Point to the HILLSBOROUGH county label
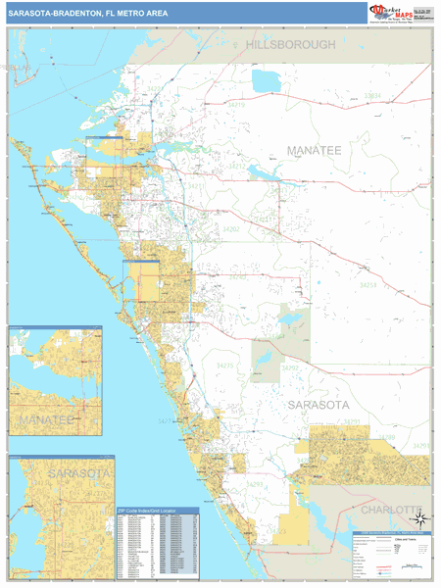pos(291,45)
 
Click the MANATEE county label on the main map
pos(314,150)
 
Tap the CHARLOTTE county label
pos(390,511)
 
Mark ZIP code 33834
pos(372,95)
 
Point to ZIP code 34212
pos(237,167)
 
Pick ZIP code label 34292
pos(290,367)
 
